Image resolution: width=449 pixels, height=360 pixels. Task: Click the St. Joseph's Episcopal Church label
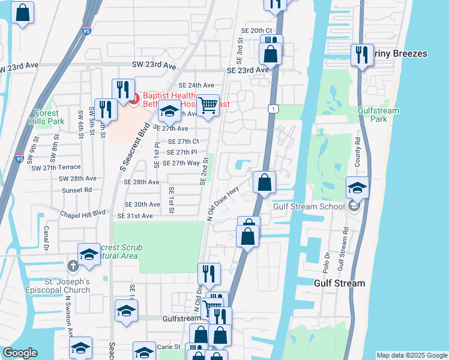coord(61,286)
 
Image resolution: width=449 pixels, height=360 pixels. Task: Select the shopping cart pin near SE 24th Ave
coord(208,106)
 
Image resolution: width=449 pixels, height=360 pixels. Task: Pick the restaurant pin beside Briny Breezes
coord(362,55)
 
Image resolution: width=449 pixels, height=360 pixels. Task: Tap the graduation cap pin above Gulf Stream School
coord(357,187)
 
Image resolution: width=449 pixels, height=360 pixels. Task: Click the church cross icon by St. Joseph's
coord(73,266)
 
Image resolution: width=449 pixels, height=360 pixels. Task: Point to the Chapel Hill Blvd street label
coord(83,213)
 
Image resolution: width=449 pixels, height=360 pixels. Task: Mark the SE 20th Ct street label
coord(256,31)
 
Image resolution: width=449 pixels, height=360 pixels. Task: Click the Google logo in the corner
coord(20,353)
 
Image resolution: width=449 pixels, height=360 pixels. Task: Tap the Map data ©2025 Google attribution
coord(411,355)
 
